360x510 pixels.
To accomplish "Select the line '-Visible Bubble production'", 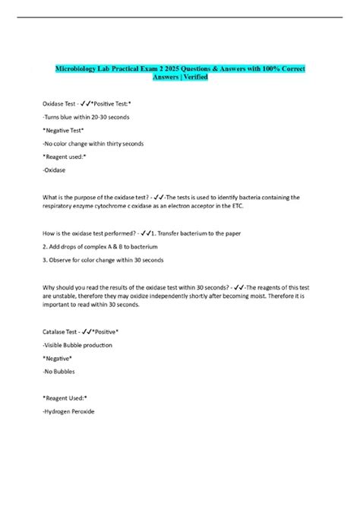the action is pos(80,345).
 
